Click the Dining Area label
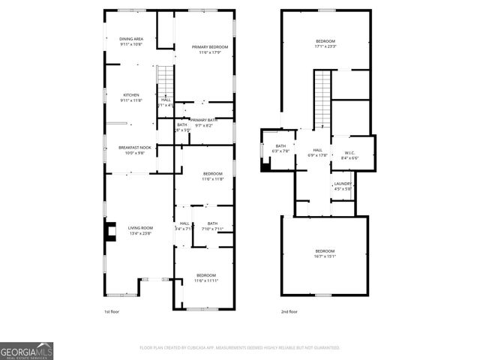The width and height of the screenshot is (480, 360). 136,38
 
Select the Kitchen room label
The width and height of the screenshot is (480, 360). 132,94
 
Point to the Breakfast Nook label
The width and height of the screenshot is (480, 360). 135,147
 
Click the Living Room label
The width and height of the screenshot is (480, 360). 140,227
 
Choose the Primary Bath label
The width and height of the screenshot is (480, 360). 204,120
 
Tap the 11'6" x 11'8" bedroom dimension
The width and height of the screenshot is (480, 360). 212,179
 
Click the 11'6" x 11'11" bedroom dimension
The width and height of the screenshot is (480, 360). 206,280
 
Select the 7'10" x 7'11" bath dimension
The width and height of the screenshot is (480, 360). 212,229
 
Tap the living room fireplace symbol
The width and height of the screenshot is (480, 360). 111,233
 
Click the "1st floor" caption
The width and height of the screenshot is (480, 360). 112,311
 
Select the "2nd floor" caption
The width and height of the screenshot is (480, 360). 289,311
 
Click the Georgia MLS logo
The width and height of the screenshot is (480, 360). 26,351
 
